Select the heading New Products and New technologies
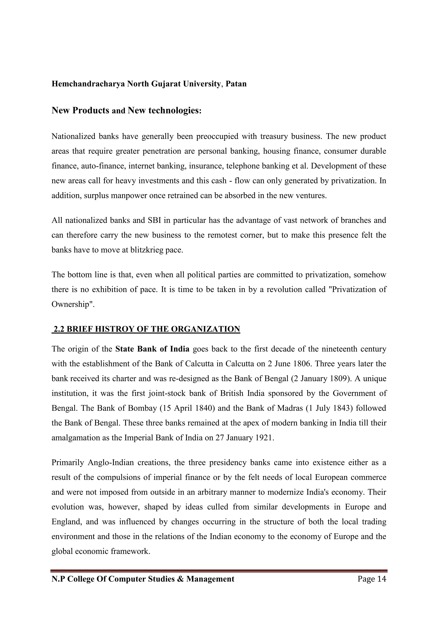[x=126, y=110]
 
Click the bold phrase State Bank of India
[x=152, y=349]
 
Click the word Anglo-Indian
[x=111, y=463]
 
